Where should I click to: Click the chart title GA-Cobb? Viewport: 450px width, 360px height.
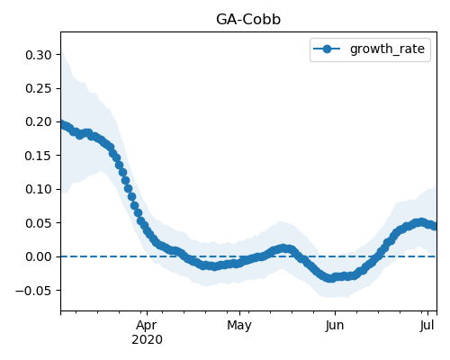pos(248,20)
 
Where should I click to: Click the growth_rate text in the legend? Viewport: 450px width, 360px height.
pos(387,49)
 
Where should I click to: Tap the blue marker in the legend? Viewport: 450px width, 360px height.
pos(327,49)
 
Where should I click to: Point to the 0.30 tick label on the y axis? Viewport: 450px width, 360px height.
pos(39,55)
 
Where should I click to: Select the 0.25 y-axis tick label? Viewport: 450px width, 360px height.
pos(39,89)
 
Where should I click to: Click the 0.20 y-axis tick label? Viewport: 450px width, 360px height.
pos(39,122)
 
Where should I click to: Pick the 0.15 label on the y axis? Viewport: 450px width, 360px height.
pos(39,156)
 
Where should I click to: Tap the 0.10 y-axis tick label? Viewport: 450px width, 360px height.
pos(39,189)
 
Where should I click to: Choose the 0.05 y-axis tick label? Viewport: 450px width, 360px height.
pos(39,223)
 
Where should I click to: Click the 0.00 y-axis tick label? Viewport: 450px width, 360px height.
pos(39,256)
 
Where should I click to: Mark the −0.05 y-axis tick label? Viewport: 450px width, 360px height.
pos(33,291)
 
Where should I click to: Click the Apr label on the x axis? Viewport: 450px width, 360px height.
pos(147,326)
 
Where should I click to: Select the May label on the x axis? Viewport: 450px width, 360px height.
pos(239,326)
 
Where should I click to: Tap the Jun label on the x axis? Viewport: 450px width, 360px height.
pos(335,326)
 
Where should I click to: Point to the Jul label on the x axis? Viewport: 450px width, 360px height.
pos(427,326)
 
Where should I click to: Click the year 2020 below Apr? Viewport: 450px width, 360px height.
pos(147,340)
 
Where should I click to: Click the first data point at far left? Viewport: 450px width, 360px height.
pos(62,124)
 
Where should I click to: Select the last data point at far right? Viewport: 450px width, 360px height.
pos(435,226)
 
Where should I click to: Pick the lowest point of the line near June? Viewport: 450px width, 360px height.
pos(330,278)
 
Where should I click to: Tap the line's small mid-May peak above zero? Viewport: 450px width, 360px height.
pos(283,248)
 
